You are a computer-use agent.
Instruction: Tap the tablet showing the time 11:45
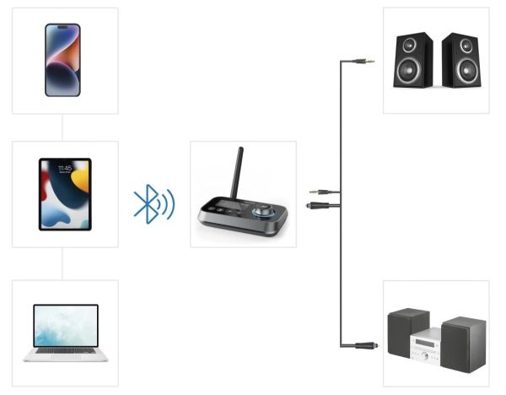64,194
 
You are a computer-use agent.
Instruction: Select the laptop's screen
65,326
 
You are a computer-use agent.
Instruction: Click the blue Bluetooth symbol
147,203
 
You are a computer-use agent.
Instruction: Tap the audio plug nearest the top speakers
364,62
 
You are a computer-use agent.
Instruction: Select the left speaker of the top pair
413,60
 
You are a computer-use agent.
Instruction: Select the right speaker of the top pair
460,60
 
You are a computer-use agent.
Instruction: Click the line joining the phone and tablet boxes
64,127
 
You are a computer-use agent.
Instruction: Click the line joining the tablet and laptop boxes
64,263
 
